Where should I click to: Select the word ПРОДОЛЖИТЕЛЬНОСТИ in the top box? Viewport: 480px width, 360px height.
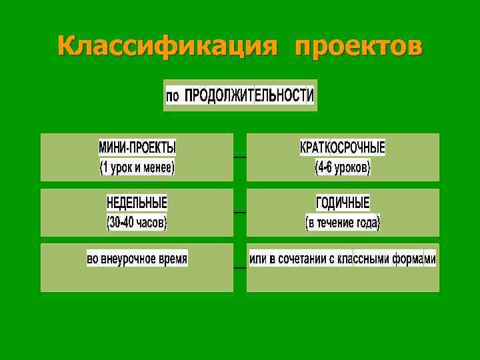[249, 95]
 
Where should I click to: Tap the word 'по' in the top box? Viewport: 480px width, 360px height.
[173, 96]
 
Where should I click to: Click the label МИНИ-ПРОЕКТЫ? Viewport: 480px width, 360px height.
[137, 147]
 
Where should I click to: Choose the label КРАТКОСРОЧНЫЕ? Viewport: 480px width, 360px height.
[343, 147]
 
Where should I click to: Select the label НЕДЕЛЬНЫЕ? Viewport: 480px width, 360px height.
[137, 202]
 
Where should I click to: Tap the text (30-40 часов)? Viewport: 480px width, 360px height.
[137, 221]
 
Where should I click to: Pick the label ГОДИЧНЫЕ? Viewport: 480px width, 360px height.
[343, 202]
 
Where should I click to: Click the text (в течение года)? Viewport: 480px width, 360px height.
[343, 221]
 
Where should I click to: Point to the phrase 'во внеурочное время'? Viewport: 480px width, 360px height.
[137, 258]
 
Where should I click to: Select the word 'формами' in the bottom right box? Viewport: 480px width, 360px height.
[414, 259]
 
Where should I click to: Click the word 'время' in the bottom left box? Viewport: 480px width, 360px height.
[172, 258]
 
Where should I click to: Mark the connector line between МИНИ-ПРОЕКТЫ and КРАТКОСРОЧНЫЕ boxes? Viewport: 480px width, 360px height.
[240, 157]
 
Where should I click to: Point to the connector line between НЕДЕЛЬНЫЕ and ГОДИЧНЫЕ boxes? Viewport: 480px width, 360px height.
[240, 212]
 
